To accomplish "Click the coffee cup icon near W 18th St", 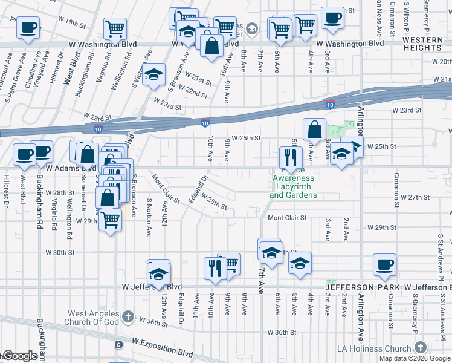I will point(28,27).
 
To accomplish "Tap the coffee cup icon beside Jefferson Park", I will point(384,264).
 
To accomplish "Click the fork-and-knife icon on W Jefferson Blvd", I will point(215,267).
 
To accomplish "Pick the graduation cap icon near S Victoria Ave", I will point(155,74).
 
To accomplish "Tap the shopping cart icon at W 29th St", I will point(110,218).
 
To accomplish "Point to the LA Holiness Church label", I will point(384,348).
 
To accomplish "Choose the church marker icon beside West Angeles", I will point(128,316).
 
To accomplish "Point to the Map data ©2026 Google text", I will point(415,358).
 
